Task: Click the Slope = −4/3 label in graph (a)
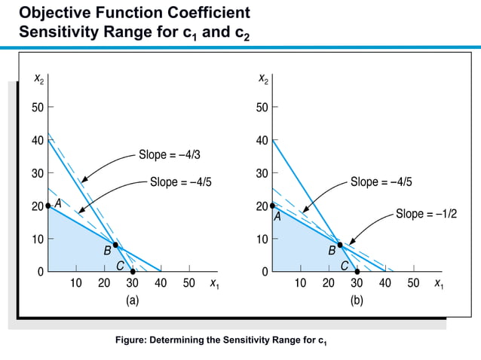(169, 155)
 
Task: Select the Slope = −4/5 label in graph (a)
(180, 182)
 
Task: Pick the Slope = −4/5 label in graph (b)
(381, 182)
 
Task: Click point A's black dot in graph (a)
(48, 206)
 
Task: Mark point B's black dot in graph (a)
(115, 244)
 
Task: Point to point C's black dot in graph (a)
(133, 271)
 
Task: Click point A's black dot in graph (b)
(272, 206)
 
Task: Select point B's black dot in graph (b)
(339, 244)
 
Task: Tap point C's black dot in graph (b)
(357, 271)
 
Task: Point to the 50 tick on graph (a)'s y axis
(37, 108)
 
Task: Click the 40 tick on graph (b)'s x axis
(384, 284)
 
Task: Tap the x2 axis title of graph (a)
(38, 78)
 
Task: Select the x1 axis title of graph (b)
(439, 284)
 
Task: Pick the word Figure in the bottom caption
(130, 340)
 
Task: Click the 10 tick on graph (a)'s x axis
(76, 284)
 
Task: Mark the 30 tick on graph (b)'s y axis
(261, 173)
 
